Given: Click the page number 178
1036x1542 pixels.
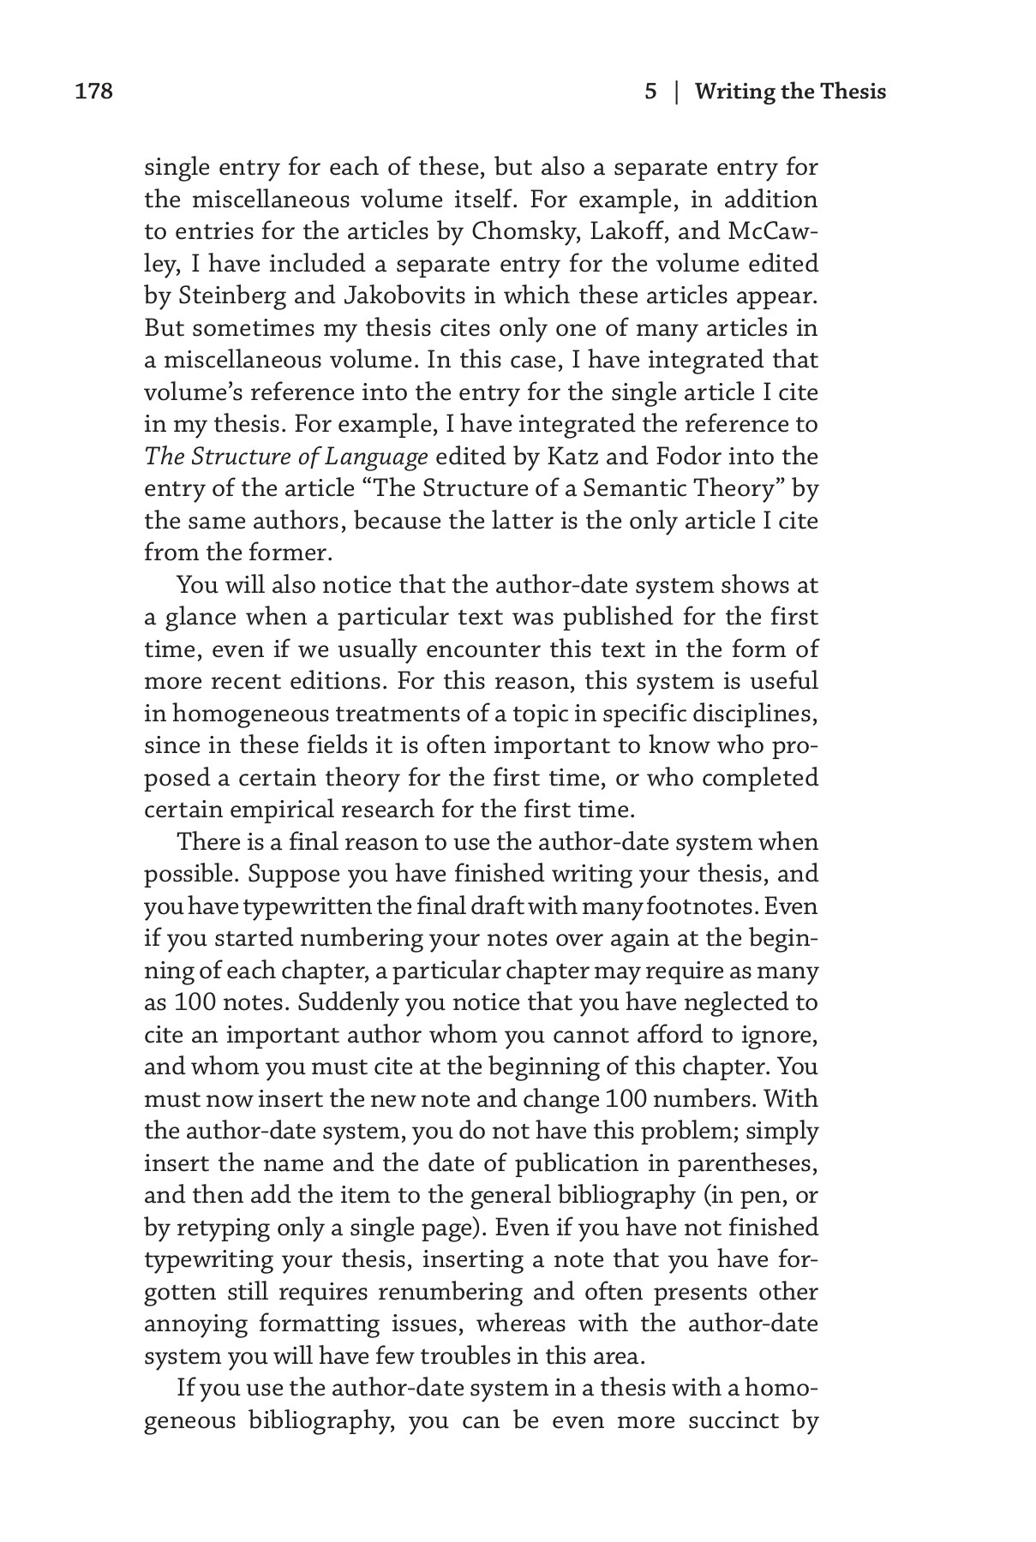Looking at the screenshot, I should point(94,92).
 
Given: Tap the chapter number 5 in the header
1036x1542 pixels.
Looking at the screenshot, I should point(650,92).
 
